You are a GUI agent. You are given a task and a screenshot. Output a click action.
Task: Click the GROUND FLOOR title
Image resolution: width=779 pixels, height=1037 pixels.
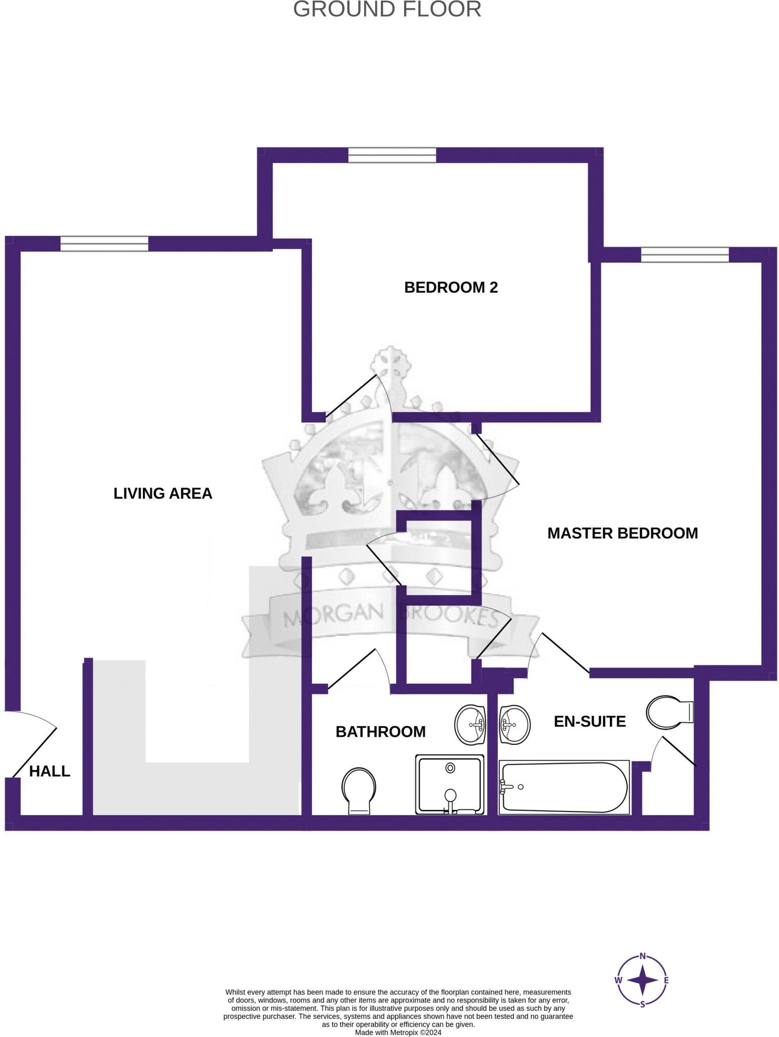[x=387, y=10]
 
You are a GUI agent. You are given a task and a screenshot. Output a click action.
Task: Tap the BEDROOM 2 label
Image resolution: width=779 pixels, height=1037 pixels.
[x=451, y=288]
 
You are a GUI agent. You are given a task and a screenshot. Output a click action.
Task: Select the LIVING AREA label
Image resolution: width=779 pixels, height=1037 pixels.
[x=163, y=493]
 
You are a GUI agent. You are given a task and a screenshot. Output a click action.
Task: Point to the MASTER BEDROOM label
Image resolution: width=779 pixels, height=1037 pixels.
[x=622, y=533]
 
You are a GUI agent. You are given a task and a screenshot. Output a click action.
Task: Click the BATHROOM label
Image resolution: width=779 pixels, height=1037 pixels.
[x=380, y=731]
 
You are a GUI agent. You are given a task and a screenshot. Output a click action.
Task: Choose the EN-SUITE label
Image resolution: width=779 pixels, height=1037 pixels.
[x=590, y=721]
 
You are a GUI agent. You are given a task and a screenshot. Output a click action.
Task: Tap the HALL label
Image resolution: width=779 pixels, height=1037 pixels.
[x=50, y=771]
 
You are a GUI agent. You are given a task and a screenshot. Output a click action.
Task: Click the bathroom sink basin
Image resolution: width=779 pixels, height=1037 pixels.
[x=470, y=725]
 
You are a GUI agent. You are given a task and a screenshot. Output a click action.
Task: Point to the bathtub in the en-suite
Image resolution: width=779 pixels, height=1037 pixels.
[x=564, y=788]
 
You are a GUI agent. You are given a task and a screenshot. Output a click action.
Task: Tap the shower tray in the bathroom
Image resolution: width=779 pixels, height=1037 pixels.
[x=450, y=784]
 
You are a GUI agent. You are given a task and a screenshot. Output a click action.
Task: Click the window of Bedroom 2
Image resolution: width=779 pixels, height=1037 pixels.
[x=392, y=155]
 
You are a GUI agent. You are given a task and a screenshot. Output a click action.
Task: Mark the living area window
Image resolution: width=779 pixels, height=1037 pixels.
[x=104, y=244]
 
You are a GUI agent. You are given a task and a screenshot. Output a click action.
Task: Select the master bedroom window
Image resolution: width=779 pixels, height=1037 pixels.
[x=685, y=254]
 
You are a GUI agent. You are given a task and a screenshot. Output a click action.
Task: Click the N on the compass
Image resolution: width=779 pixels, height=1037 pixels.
[x=642, y=956]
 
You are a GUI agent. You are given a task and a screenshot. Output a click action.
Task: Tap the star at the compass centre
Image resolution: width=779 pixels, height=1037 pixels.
[x=642, y=980]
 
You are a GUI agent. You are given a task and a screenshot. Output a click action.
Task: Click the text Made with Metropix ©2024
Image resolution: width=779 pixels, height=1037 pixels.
[x=398, y=1032]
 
